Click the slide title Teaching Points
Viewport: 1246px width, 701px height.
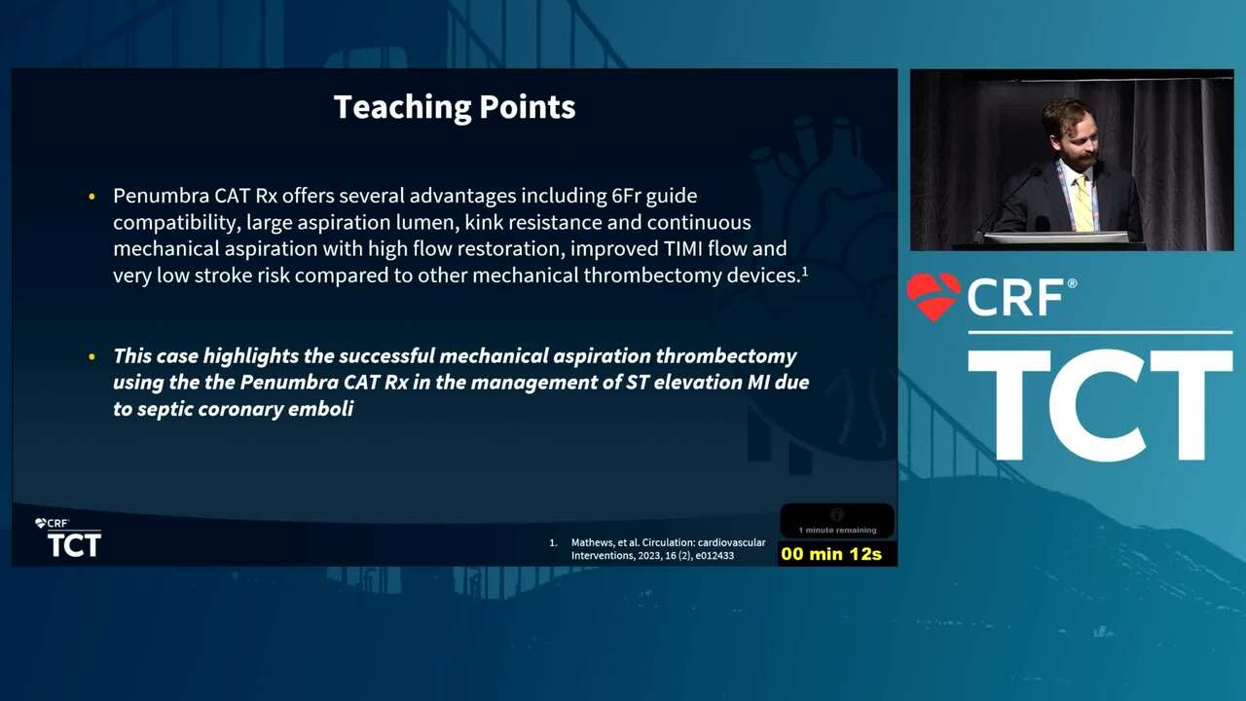[x=455, y=107]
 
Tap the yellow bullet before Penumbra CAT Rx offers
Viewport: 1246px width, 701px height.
[x=92, y=197]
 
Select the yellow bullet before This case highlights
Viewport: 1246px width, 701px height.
[x=92, y=356]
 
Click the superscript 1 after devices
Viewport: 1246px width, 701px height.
[x=804, y=272]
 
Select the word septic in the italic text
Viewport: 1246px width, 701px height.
[x=165, y=410]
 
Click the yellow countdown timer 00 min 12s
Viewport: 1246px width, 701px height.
[x=831, y=554]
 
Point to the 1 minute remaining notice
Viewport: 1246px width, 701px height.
[x=837, y=530]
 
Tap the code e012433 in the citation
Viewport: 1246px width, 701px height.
[x=715, y=555]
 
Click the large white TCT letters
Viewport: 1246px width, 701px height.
[x=1100, y=405]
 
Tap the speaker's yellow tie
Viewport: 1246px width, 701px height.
[x=1082, y=203]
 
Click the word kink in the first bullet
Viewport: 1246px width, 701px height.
[x=482, y=223]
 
